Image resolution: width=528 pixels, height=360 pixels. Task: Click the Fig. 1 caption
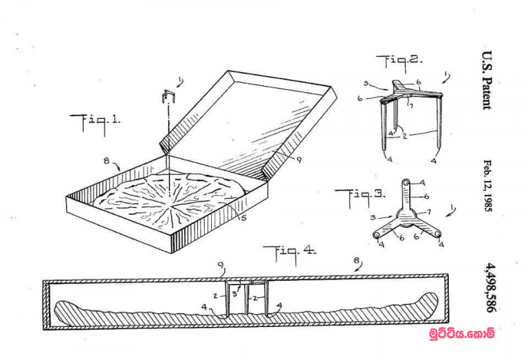(94, 124)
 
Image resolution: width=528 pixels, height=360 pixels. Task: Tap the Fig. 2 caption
(399, 63)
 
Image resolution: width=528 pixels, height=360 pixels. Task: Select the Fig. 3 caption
(360, 197)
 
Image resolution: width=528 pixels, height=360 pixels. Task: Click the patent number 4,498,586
(490, 288)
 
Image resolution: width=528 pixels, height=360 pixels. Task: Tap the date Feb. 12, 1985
(488, 186)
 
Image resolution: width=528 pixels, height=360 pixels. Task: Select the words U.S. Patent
(487, 80)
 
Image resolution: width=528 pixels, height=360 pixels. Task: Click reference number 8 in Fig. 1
(107, 161)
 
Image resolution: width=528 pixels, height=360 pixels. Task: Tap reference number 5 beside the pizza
(244, 218)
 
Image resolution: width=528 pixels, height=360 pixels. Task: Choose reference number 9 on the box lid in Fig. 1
(299, 161)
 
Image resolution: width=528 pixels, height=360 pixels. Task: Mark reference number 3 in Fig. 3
(373, 217)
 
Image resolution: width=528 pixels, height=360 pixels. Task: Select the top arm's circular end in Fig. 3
(407, 182)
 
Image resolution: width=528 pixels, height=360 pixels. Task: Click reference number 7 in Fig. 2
(411, 106)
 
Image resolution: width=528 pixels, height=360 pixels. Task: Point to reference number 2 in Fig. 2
(405, 136)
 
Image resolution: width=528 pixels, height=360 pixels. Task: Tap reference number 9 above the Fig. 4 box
(220, 265)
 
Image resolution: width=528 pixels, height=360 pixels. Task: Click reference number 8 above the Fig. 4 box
(356, 260)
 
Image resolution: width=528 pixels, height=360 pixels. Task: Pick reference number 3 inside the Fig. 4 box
(235, 294)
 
